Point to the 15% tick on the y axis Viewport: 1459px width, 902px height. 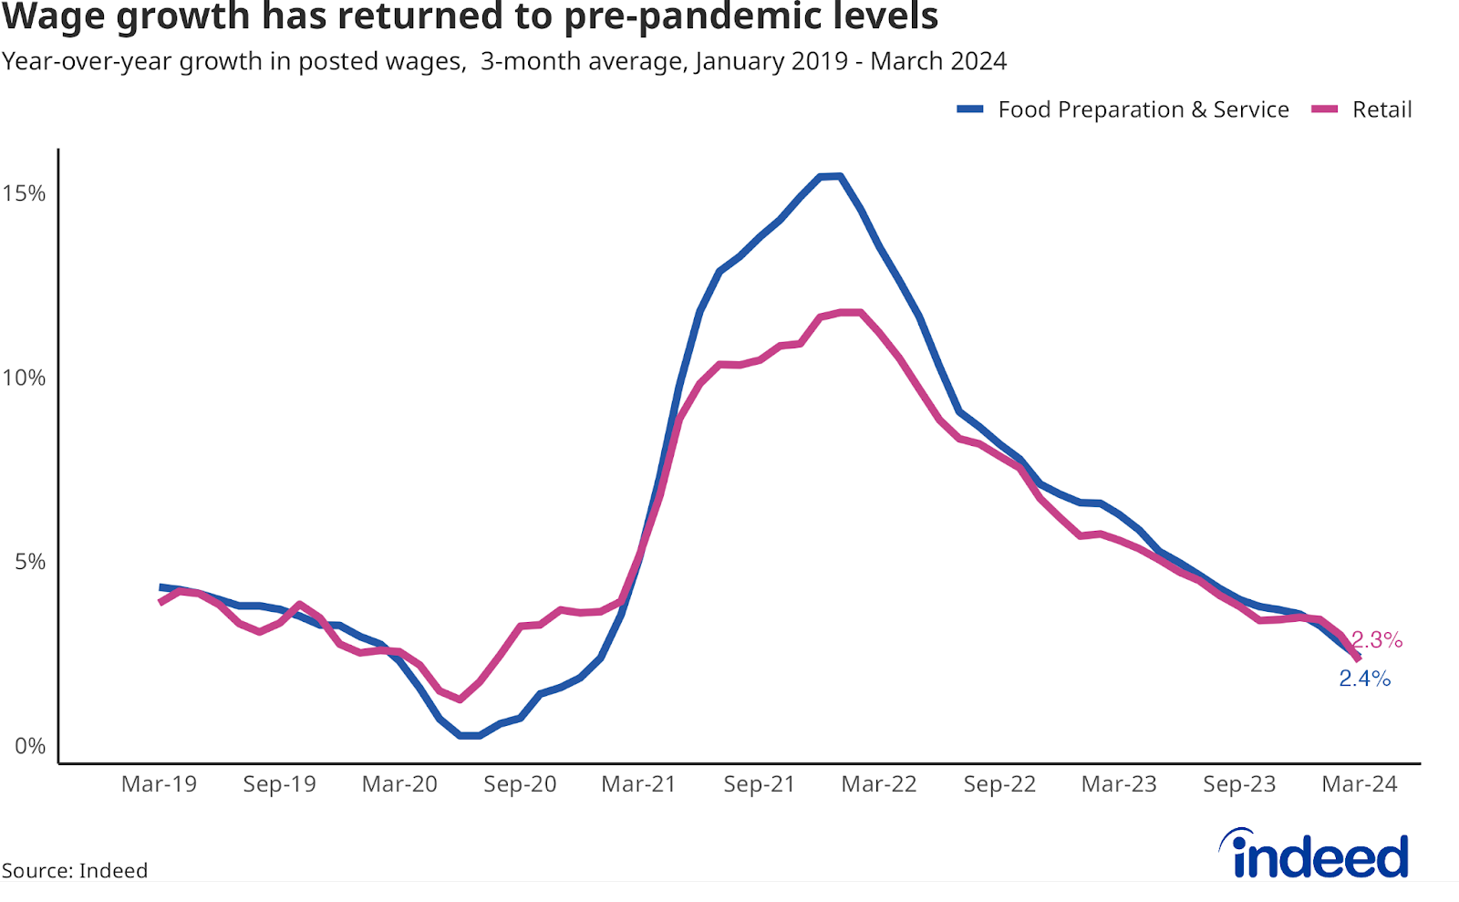[25, 193]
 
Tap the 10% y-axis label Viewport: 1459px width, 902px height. [25, 378]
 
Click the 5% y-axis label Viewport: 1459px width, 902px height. [30, 562]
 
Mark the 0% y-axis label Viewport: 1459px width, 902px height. [30, 746]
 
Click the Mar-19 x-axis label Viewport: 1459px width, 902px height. [159, 784]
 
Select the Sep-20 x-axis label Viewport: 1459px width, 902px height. [520, 784]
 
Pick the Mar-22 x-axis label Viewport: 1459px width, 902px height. [879, 784]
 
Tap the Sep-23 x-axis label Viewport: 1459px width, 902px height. [1239, 784]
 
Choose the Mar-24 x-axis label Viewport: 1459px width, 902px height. [1360, 784]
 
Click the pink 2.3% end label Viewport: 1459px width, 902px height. [1377, 640]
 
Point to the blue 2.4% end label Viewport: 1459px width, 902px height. [1364, 679]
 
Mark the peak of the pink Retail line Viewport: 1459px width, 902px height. [850, 312]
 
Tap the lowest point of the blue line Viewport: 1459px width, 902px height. [471, 735]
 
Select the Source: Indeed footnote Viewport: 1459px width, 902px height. [75, 871]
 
